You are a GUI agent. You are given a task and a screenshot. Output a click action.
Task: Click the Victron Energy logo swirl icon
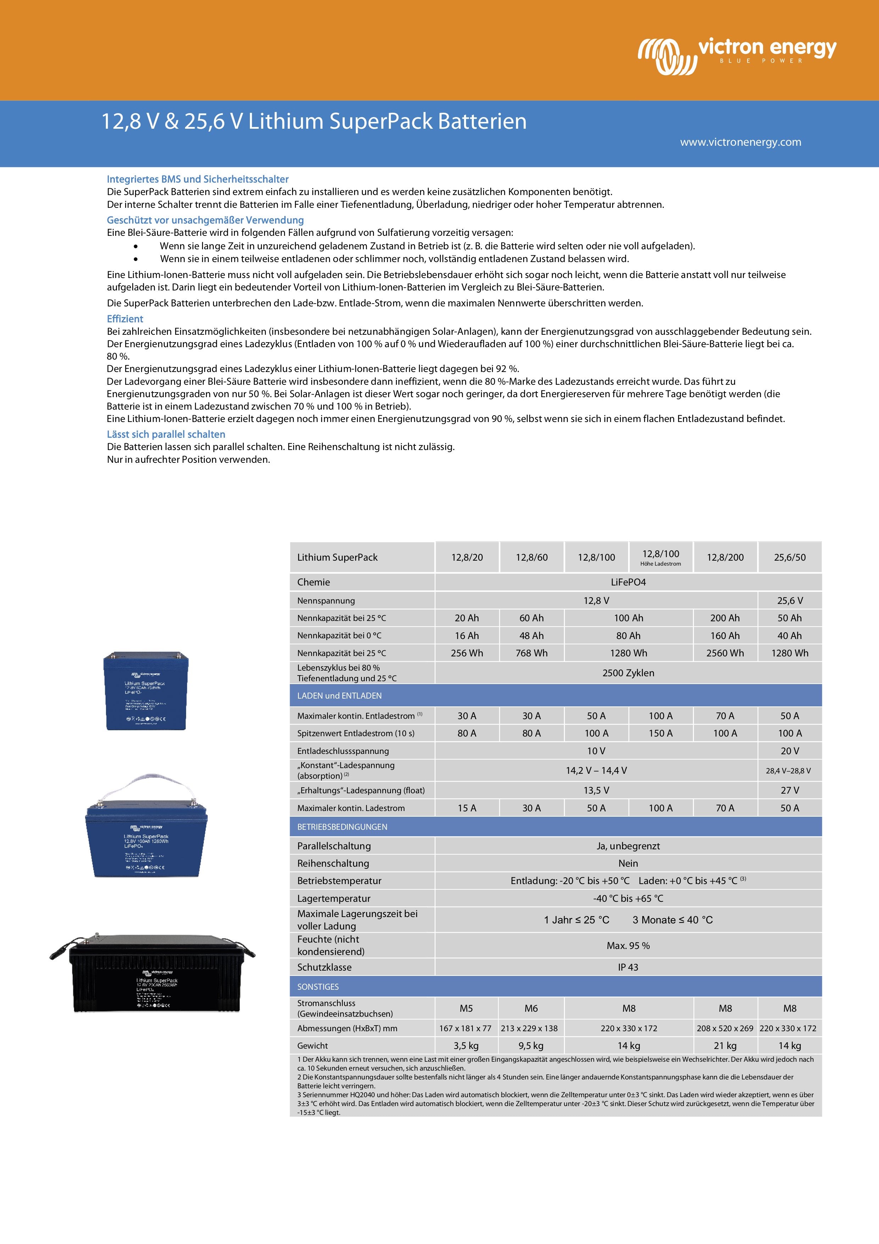[x=666, y=56]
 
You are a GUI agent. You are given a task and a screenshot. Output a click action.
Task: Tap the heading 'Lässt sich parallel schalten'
[x=166, y=434]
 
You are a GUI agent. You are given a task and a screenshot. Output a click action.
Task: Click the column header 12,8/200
[x=725, y=557]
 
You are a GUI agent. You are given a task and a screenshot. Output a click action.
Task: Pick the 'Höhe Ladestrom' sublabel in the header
[x=660, y=564]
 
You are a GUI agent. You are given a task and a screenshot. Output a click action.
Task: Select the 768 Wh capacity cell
[x=531, y=653]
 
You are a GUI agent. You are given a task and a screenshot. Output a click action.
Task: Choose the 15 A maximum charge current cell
[x=466, y=808]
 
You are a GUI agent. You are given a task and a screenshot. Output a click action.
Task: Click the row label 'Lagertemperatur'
[x=334, y=898]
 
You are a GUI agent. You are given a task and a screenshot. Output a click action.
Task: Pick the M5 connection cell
[x=466, y=1008]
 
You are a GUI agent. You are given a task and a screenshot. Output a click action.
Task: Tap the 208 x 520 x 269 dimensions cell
[x=725, y=1028]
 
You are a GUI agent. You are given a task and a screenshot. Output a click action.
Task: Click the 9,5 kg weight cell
[x=531, y=1046]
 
